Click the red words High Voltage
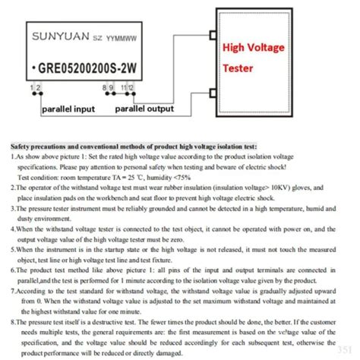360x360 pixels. pos(254,48)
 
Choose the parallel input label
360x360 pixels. pos(68,109)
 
